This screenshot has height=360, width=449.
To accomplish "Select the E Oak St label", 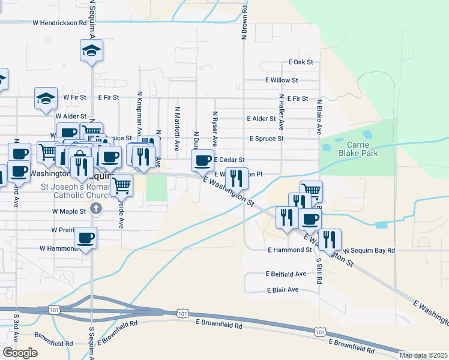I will pos(301,62).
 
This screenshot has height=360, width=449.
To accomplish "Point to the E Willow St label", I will pos(282,80).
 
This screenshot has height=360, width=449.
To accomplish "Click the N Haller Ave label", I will pos(281,111).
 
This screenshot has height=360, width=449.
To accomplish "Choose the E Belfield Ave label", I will pos(286,274).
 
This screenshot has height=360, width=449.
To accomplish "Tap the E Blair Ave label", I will pos(283,290).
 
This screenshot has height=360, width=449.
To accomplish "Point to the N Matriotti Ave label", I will pos(177,128).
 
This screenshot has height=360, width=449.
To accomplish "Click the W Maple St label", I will pos(69,211).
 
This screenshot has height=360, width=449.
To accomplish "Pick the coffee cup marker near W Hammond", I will pos(86,238).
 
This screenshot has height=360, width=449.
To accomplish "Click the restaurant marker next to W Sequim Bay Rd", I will pos(330,239).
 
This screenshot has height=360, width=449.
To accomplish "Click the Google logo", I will pos(20,353).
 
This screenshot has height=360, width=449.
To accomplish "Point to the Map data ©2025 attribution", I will pos(423,355).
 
